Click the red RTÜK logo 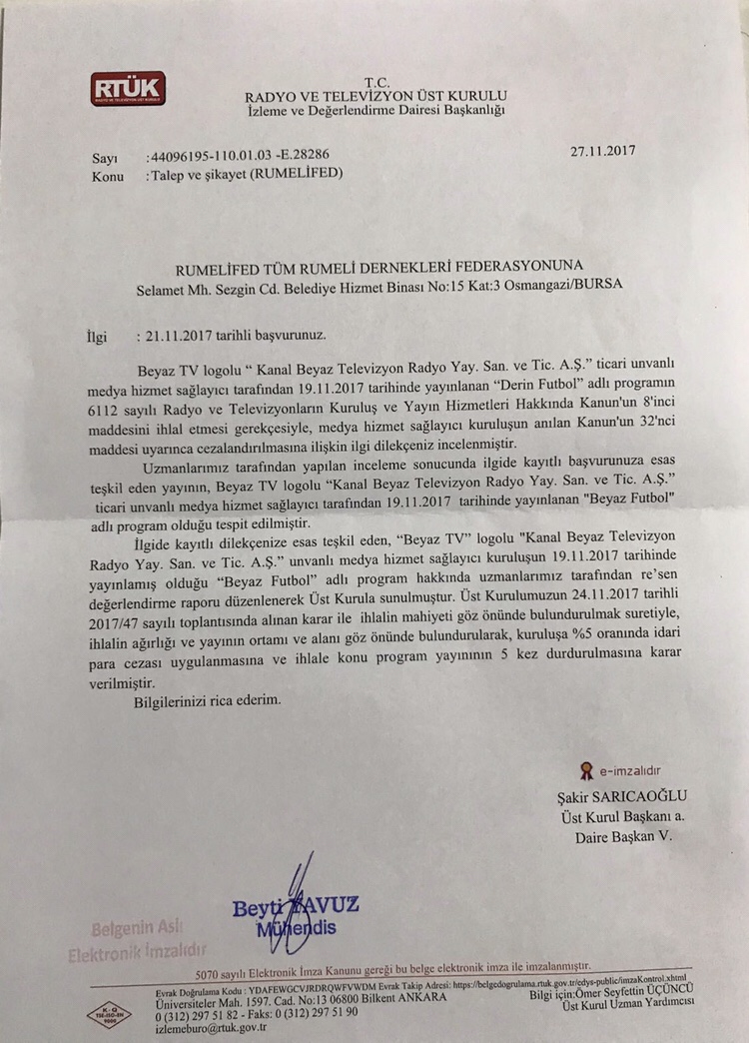(x=128, y=88)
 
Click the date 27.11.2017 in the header (x=602, y=151)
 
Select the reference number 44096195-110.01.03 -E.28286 (x=238, y=158)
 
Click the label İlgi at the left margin (x=98, y=337)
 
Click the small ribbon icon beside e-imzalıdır (x=586, y=770)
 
